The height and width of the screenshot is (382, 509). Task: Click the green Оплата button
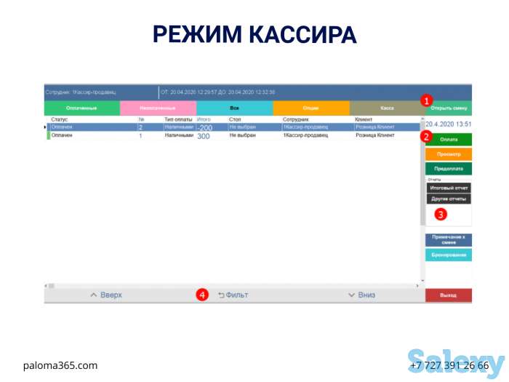pyautogui.click(x=448, y=138)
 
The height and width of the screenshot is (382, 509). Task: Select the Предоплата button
pyautogui.click(x=448, y=168)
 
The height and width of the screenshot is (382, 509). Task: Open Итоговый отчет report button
pyautogui.click(x=448, y=187)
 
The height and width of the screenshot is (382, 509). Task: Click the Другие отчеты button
pyautogui.click(x=448, y=199)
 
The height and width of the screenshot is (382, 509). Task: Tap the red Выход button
pyautogui.click(x=448, y=295)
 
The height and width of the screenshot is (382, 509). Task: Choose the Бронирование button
pyautogui.click(x=448, y=255)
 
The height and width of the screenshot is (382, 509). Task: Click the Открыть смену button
pyautogui.click(x=448, y=108)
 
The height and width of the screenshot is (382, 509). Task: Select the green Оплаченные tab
pyautogui.click(x=81, y=108)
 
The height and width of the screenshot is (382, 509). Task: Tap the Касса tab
pyautogui.click(x=386, y=108)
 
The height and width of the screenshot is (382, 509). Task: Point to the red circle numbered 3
pyautogui.click(x=441, y=215)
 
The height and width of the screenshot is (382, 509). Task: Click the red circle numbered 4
pyautogui.click(x=203, y=295)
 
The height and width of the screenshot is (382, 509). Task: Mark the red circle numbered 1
pyautogui.click(x=427, y=100)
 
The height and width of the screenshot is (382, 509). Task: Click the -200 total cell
pyautogui.click(x=205, y=127)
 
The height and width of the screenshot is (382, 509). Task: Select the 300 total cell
pyautogui.click(x=204, y=136)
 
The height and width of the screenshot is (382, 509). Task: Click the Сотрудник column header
pyautogui.click(x=296, y=119)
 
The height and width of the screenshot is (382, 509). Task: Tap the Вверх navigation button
pyautogui.click(x=106, y=295)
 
